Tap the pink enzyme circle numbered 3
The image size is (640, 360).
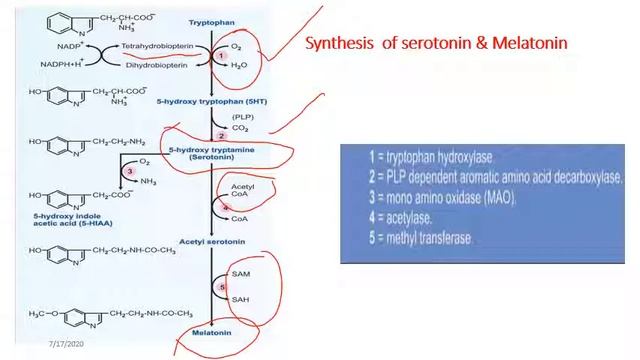click(x=129, y=171)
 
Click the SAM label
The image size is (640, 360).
click(x=240, y=273)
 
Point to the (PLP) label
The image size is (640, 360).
click(x=241, y=116)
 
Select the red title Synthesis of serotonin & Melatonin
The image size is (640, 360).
click(x=436, y=43)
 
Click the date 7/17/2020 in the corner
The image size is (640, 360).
click(x=66, y=345)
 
